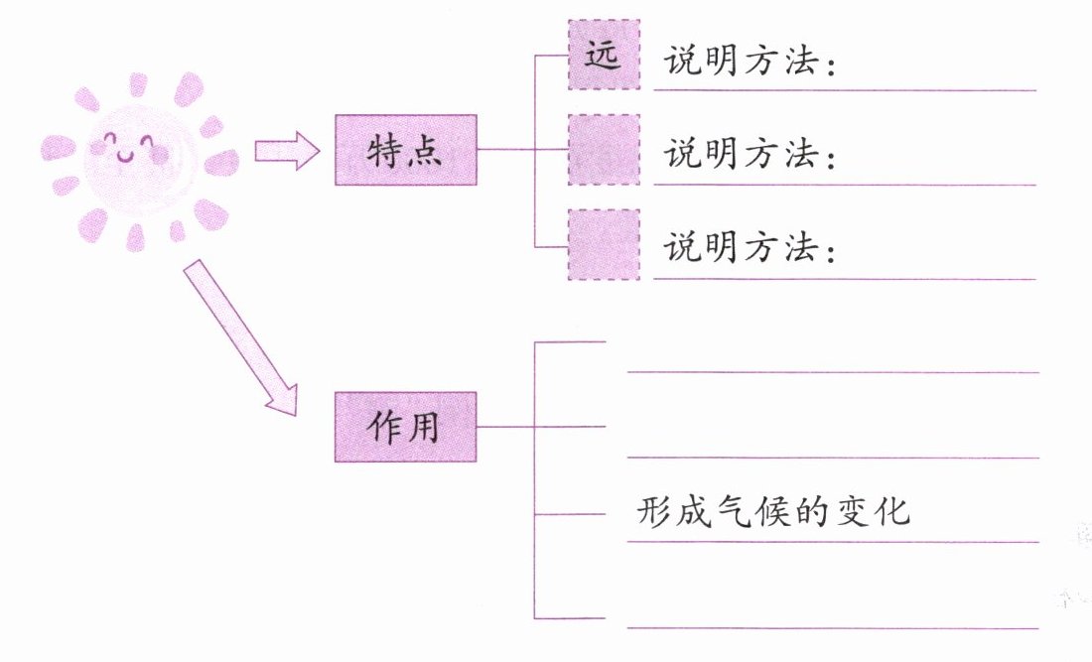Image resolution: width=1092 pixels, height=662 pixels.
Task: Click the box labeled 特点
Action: pos(406,150)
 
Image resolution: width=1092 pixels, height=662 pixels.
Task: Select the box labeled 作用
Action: pos(406,426)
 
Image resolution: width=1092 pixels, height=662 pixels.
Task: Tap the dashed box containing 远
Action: pos(604,56)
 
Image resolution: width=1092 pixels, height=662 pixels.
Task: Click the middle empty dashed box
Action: pos(604,150)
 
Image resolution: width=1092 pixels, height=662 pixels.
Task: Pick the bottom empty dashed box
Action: pos(604,245)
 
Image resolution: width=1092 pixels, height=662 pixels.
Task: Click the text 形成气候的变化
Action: pos(772,512)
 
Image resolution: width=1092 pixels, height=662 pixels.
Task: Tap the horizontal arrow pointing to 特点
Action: pos(286,151)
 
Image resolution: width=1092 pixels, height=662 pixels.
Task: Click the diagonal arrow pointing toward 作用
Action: pos(240,337)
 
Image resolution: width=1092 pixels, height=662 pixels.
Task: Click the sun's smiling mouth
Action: pos(125,156)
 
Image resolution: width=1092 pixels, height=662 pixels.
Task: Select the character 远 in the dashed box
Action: pos(603,56)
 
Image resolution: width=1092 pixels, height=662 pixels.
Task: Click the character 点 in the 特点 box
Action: pos(429,151)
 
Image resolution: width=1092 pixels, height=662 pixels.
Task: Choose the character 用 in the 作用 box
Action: pos(429,426)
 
